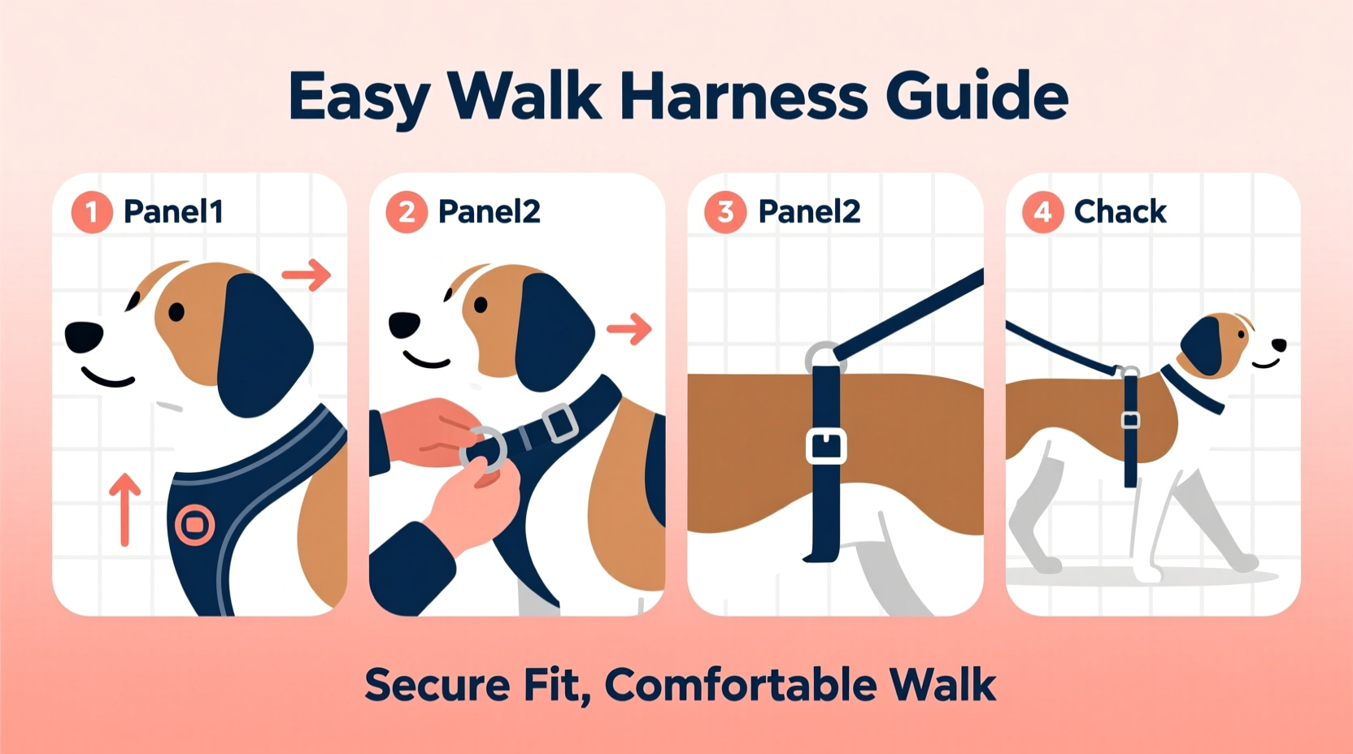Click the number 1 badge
click(92, 213)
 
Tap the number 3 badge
click(725, 213)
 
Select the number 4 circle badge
click(1042, 213)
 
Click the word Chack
click(1120, 212)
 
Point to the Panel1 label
click(173, 212)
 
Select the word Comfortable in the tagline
click(741, 685)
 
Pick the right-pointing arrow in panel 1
click(307, 275)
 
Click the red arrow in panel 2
click(629, 329)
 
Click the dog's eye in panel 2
click(481, 305)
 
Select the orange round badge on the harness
click(194, 525)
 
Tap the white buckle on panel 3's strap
click(826, 446)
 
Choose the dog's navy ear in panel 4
click(1203, 345)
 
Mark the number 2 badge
click(407, 213)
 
